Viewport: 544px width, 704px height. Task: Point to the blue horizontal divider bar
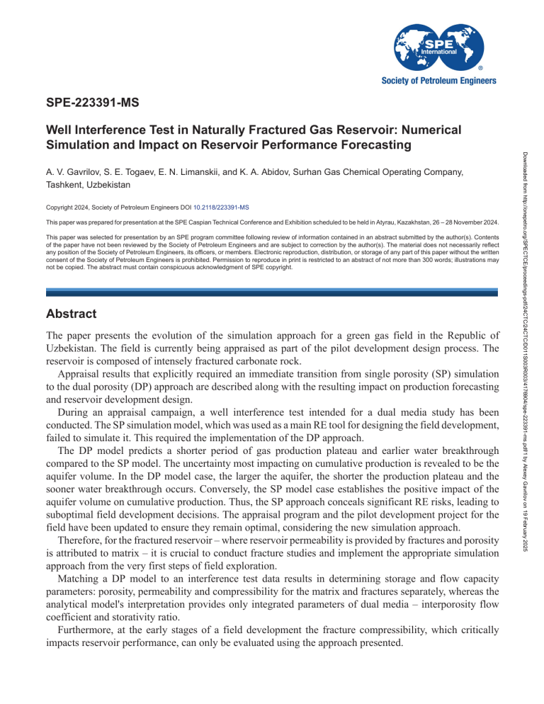point(271,292)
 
